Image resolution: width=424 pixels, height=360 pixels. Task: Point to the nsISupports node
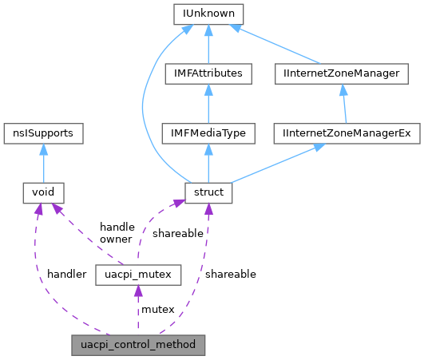43,133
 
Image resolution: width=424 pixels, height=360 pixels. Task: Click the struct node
208,192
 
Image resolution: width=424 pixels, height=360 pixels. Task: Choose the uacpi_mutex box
138,275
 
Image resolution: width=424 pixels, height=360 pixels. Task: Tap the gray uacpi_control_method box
138,345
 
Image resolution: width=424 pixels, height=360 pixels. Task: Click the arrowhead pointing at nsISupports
43,149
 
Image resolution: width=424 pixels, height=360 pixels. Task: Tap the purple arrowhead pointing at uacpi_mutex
138,292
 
